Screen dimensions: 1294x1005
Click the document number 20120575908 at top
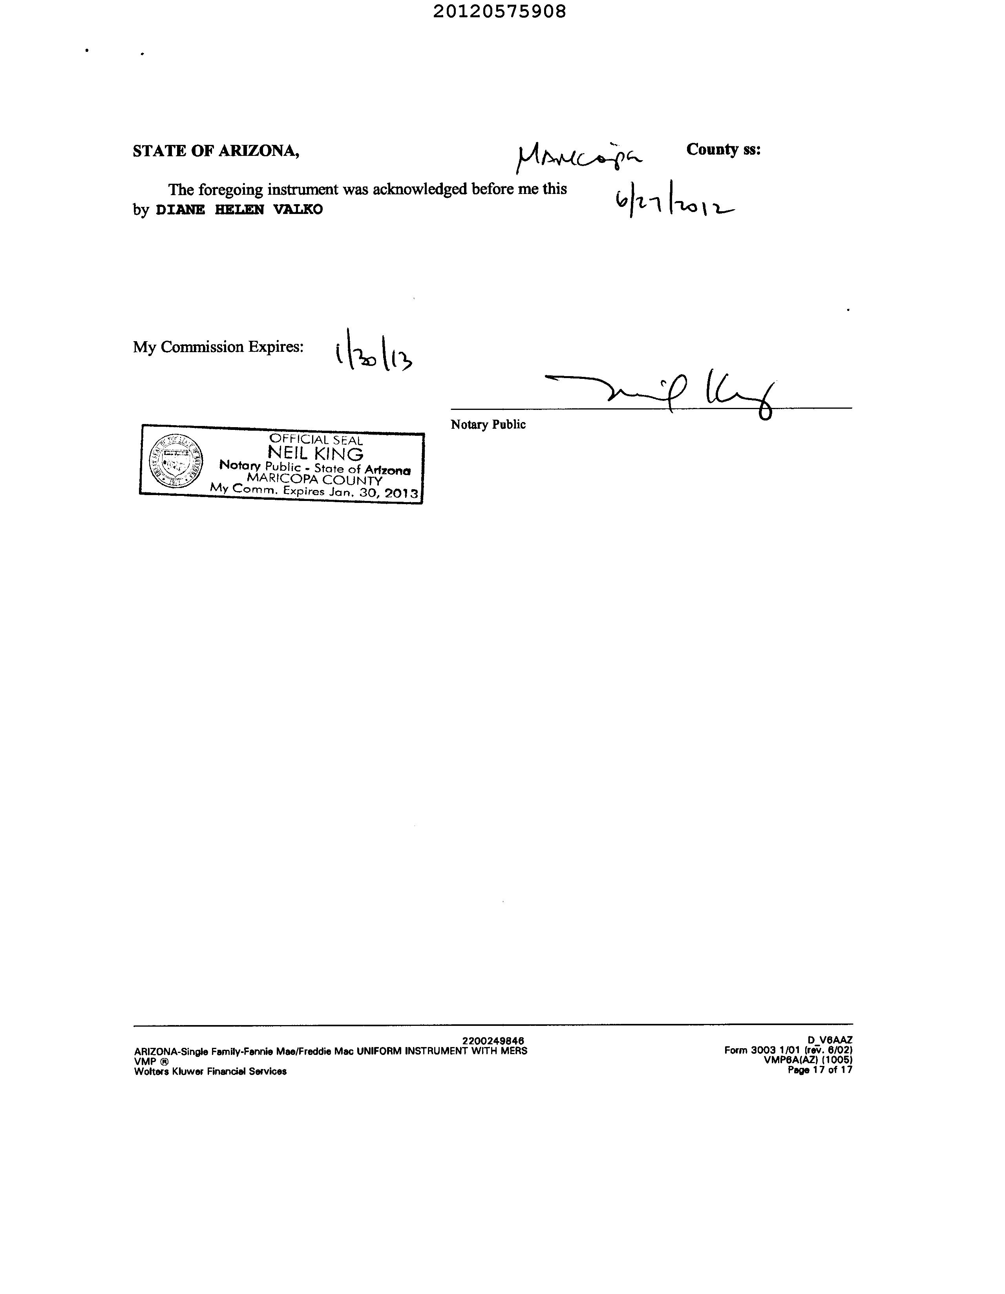click(x=499, y=11)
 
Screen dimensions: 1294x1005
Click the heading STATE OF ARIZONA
click(x=216, y=151)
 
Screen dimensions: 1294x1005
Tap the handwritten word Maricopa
click(x=578, y=157)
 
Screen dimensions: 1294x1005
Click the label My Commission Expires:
click(x=218, y=347)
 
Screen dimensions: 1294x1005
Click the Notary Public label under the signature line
click(x=488, y=424)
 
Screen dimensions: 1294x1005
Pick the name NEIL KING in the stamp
click(x=315, y=454)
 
